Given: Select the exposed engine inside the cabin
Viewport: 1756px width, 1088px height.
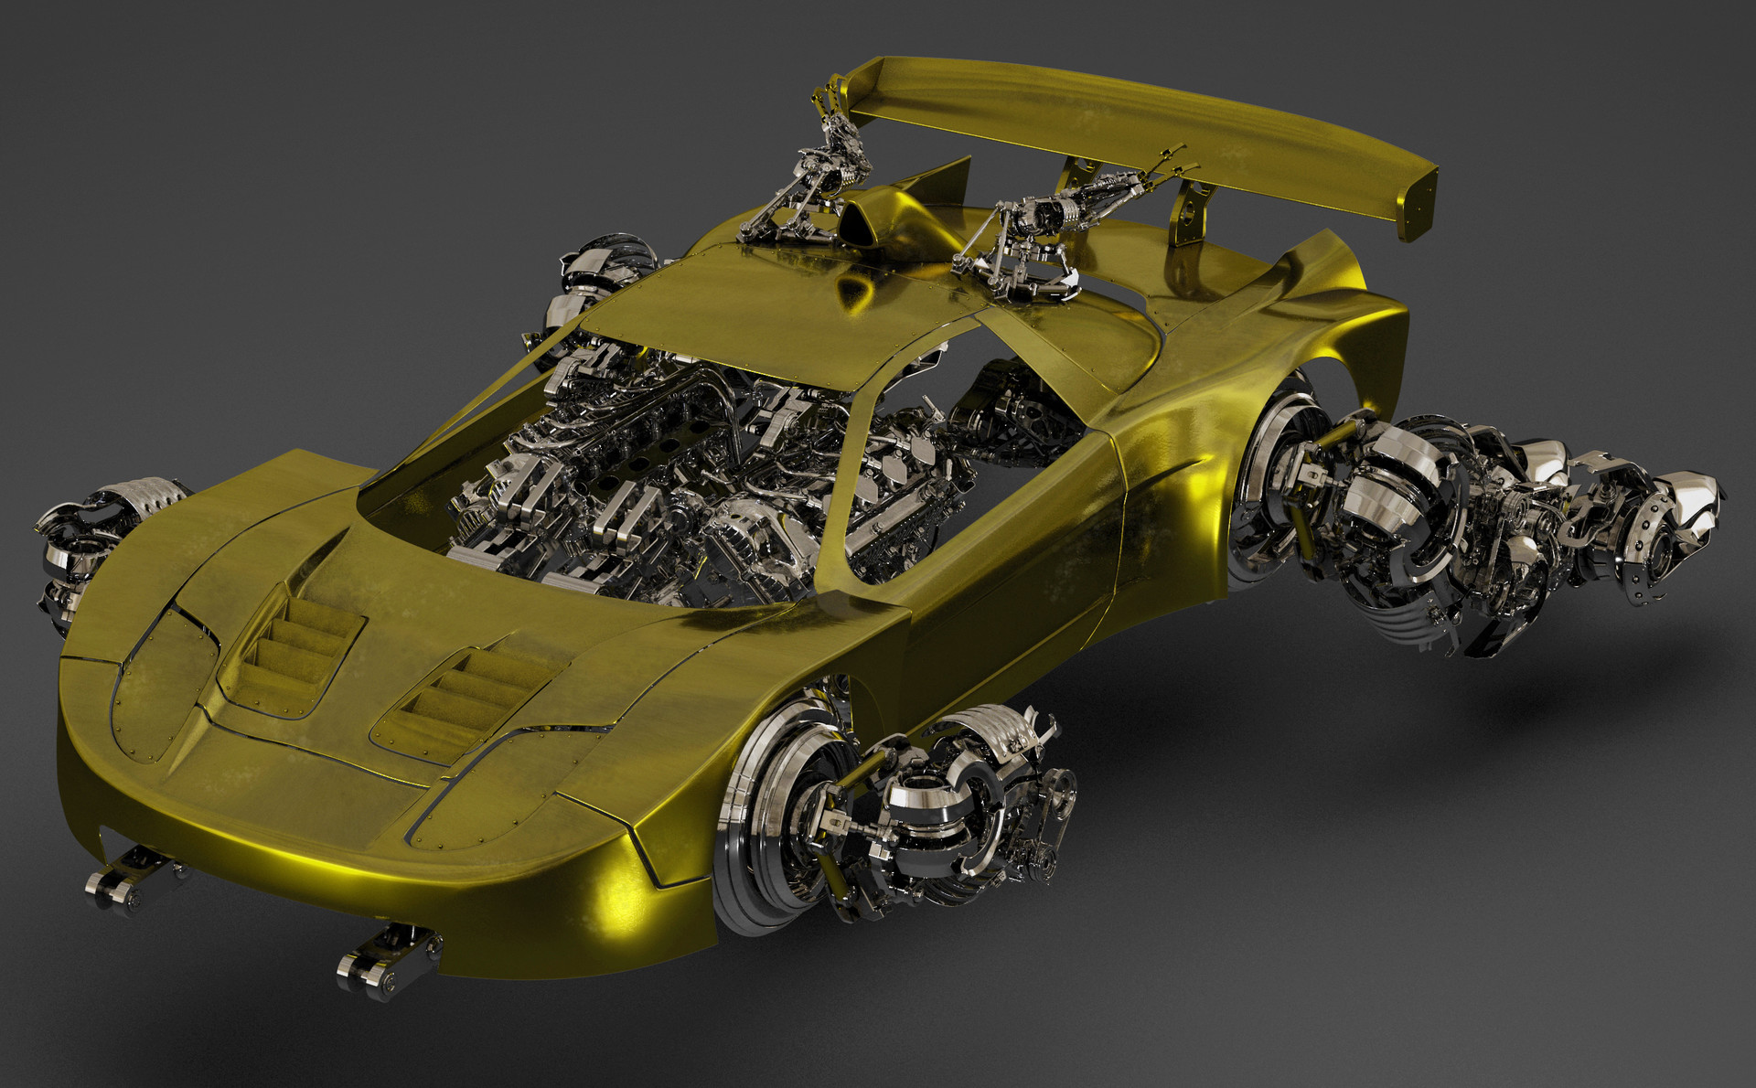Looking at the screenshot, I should (x=640, y=475).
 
